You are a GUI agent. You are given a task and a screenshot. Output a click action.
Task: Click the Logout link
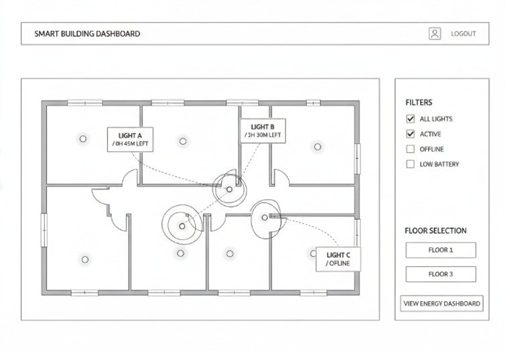pos(463,34)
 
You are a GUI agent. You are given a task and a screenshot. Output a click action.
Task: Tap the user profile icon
pos(435,34)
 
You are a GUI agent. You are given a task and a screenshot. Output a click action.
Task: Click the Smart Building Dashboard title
pos(87,34)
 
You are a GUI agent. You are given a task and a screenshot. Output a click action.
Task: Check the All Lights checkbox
pos(410,119)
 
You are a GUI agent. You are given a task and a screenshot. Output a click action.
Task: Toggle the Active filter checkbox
pos(410,134)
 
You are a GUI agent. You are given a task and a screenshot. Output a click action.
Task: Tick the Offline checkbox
pos(410,149)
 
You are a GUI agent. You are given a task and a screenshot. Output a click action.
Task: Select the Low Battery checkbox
pos(410,164)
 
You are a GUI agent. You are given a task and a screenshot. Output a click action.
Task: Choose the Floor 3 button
pos(441,274)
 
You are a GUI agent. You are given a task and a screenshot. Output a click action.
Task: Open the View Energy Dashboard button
pos(442,304)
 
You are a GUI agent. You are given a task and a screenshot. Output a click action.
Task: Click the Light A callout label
pos(130,139)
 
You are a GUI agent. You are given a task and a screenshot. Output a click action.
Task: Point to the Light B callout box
pos(263,131)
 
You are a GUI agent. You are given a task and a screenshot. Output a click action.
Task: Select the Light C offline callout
pos(338,259)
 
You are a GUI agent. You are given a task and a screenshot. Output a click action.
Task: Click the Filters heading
pos(419,103)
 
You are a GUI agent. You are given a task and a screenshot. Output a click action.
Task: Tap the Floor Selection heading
pos(436,231)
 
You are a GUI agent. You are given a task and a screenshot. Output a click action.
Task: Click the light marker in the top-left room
pos(83,139)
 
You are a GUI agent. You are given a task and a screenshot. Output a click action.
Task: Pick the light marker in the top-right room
pos(318,147)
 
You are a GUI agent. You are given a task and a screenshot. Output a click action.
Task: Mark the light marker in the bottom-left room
pos(85,259)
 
